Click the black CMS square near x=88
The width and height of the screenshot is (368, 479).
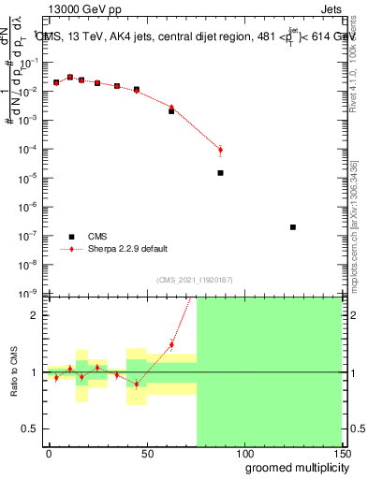(220, 173)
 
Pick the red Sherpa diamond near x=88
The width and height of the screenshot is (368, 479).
(220, 150)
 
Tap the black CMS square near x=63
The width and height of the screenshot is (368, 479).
(171, 111)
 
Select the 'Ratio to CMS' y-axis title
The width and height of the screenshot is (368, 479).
(15, 371)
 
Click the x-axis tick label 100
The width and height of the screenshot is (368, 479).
(243, 452)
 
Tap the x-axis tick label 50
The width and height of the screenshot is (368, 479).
(147, 452)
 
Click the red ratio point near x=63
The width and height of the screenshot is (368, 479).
(171, 344)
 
